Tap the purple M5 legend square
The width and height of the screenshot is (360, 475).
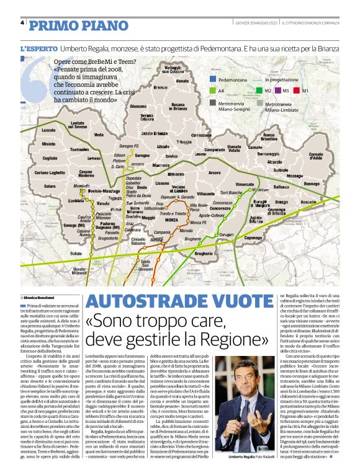click(x=278, y=91)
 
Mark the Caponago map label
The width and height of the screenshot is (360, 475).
click(x=253, y=238)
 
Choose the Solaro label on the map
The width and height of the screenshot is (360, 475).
click(x=50, y=185)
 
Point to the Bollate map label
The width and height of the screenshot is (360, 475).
click(x=76, y=254)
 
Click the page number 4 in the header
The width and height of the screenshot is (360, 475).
click(x=22, y=23)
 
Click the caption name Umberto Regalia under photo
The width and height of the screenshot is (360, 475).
click(x=242, y=456)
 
